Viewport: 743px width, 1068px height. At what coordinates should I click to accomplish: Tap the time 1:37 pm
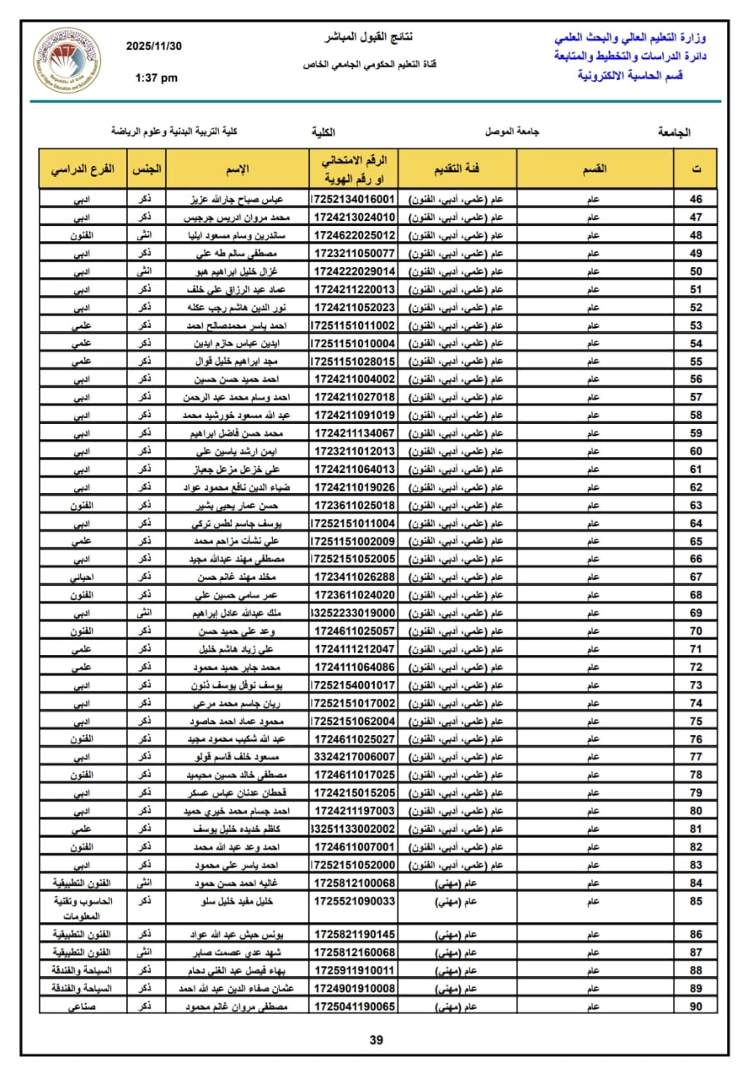tap(156, 78)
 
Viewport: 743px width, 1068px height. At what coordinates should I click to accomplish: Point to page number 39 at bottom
tap(376, 1039)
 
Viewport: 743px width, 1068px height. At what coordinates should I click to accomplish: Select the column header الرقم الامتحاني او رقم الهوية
tap(354, 169)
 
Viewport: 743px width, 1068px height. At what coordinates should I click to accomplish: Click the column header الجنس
tap(146, 169)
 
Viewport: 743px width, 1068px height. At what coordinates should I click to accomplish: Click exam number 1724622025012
tap(354, 235)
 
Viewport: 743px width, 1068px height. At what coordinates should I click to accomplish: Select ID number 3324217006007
tap(354, 756)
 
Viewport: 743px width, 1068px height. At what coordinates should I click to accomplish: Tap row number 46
tap(695, 199)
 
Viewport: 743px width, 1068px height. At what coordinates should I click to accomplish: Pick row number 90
tap(695, 1006)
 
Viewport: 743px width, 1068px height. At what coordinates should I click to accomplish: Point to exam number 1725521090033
tap(354, 901)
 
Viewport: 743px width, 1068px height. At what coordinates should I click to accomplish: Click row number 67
tap(695, 577)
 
